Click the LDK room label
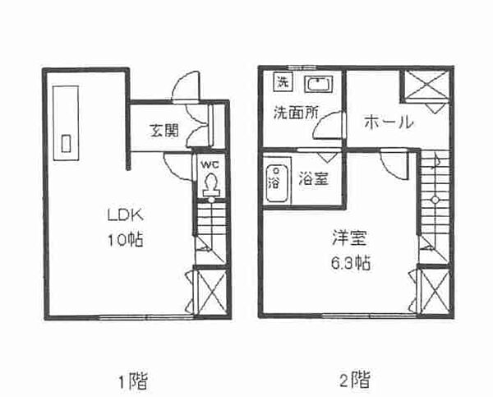(126, 215)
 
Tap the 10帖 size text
(126, 240)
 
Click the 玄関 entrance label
(164, 130)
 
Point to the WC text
(210, 164)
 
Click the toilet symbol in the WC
(210, 185)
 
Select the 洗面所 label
(296, 113)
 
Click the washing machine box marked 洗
(283, 82)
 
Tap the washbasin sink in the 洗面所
(318, 84)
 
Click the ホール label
(389, 122)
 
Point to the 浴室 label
(314, 179)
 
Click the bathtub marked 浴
(277, 183)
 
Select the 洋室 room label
(350, 238)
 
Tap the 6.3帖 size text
(351, 263)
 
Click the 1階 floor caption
(133, 381)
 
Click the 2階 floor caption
(355, 380)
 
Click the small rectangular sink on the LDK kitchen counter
(66, 144)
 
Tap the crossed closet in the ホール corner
(426, 85)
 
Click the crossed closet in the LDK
(210, 292)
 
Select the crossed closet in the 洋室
(435, 291)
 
